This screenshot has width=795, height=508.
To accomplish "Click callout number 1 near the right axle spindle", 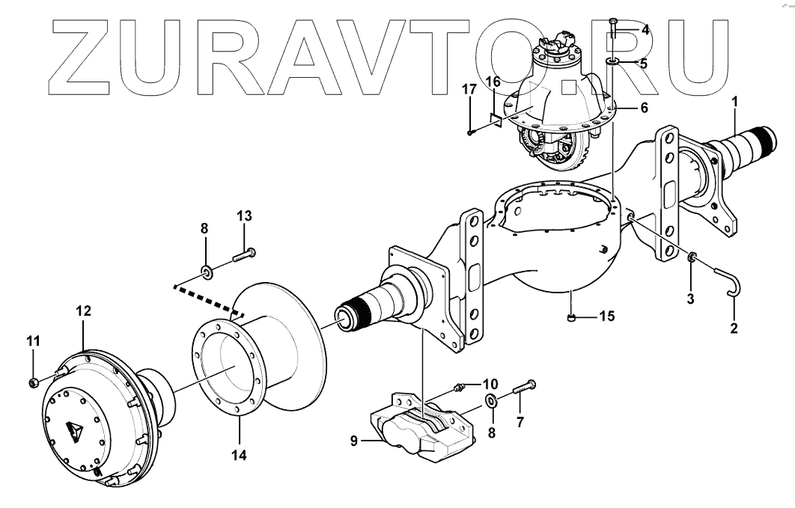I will click(734, 100).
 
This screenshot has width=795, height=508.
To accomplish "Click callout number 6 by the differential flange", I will click(642, 108).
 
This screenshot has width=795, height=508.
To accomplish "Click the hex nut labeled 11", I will click(34, 383).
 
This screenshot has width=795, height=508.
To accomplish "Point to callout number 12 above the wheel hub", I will click(82, 310).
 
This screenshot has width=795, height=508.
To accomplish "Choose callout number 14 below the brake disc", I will click(240, 454).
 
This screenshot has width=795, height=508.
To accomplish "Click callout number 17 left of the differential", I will click(469, 90).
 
